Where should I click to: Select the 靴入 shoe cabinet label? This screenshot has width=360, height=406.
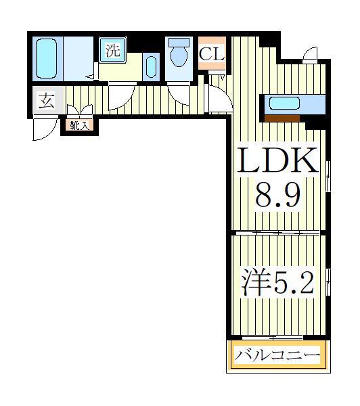point(78,125)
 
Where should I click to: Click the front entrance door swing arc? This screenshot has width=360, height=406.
point(42,130)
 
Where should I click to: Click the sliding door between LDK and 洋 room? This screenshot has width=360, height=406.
point(277,232)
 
